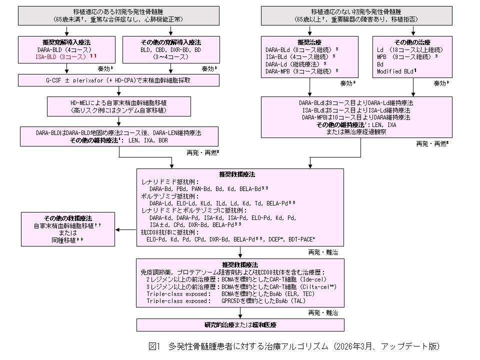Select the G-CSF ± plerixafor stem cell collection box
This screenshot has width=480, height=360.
coord(119,79)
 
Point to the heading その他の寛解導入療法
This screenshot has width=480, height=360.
coord(170,42)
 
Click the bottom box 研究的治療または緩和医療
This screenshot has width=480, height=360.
coord(240,324)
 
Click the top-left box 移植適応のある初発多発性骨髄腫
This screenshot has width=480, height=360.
coord(119,15)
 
